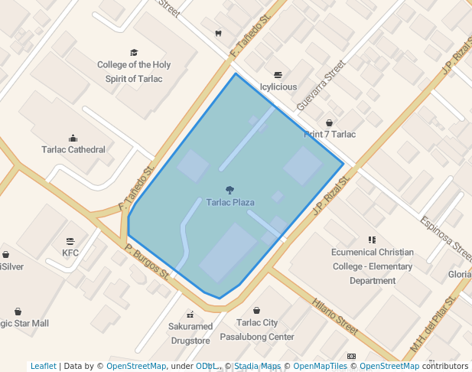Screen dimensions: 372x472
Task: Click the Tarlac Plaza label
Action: point(230,203)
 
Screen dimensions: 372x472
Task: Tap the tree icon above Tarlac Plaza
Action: point(229,190)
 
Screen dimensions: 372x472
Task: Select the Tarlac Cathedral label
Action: point(73,150)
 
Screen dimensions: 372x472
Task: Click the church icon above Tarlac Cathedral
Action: point(73,138)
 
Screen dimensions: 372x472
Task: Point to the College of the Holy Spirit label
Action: point(134,72)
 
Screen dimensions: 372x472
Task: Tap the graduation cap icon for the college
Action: point(134,53)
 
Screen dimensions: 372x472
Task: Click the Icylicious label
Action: point(278,87)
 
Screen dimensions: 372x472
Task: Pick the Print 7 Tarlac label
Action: point(330,135)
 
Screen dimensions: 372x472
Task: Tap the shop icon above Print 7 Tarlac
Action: point(330,122)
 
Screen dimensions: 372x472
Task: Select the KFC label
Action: point(70,252)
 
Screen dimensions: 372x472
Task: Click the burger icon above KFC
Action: point(70,240)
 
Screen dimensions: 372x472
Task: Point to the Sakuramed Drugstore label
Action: point(190,333)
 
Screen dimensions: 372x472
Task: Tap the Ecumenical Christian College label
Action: point(373,266)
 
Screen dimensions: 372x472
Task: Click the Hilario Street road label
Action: point(334,315)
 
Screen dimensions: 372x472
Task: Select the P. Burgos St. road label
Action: point(147,261)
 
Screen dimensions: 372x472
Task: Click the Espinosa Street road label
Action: point(446,236)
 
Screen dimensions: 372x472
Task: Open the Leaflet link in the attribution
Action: point(43,367)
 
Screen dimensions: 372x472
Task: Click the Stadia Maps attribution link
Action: point(258,367)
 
